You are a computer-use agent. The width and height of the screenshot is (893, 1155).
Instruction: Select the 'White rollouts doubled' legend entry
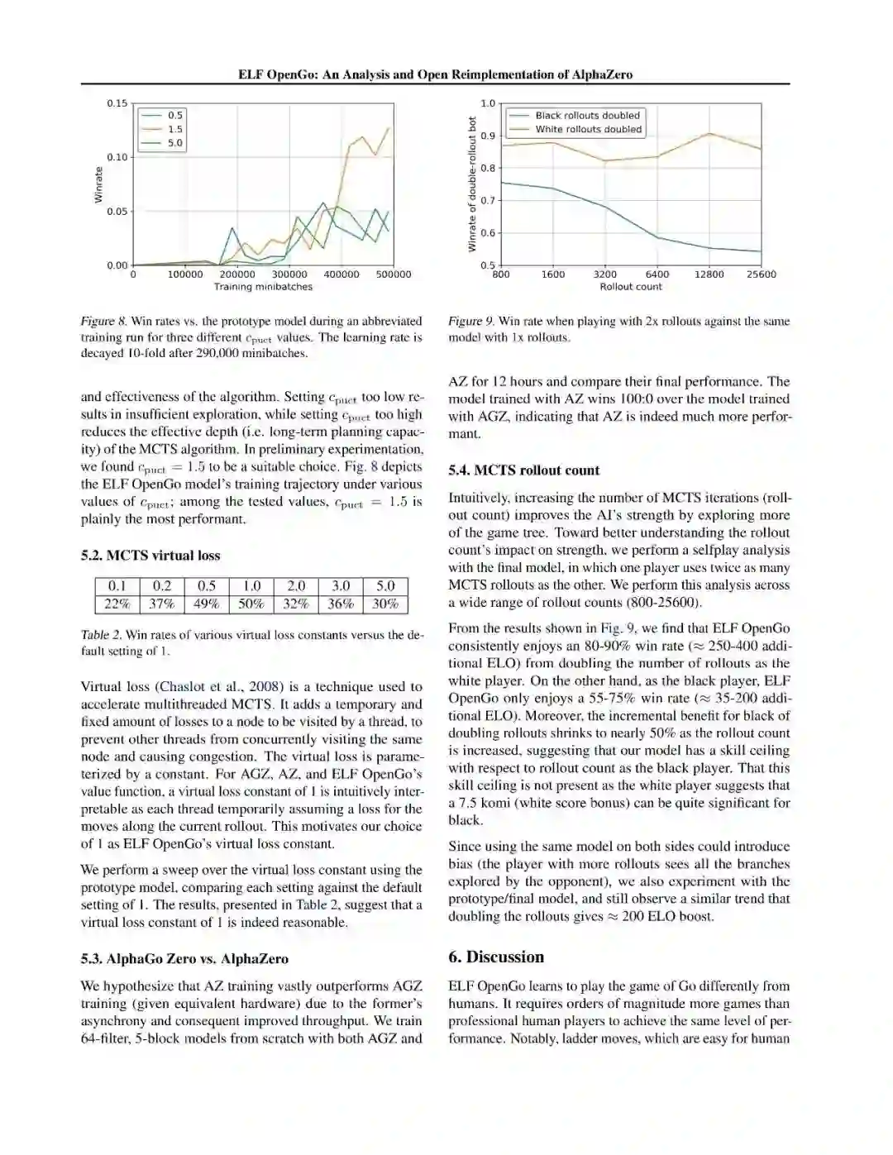click(x=588, y=129)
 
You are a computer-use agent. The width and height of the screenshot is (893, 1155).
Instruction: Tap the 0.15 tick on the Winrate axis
click(x=117, y=103)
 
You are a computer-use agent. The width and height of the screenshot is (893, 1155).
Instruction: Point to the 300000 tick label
click(x=289, y=274)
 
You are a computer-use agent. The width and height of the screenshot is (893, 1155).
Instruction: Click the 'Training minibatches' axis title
click(x=263, y=287)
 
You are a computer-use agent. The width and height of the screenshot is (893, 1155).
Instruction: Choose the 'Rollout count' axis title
click(x=631, y=287)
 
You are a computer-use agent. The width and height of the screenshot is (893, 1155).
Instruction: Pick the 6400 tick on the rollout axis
click(x=657, y=274)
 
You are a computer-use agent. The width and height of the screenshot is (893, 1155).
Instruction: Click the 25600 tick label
click(x=761, y=274)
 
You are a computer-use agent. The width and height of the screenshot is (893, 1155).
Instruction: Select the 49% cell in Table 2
click(x=207, y=604)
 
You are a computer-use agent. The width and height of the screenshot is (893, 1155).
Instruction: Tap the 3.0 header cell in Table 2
click(x=341, y=586)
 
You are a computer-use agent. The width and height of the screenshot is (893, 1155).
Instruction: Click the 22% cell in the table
click(x=117, y=604)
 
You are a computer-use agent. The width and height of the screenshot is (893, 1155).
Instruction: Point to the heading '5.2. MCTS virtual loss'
click(x=150, y=556)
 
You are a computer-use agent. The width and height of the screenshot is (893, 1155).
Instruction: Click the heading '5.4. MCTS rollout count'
click(x=523, y=470)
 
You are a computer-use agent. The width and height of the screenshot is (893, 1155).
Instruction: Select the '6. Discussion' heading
click(x=496, y=957)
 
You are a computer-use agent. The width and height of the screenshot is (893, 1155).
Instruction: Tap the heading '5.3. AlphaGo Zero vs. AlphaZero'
click(x=184, y=959)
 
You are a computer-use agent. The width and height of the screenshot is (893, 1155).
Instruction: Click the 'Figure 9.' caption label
click(x=471, y=321)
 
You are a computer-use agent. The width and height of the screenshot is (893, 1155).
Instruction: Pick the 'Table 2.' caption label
click(x=101, y=635)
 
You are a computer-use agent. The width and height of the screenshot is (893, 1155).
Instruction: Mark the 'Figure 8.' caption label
click(x=103, y=321)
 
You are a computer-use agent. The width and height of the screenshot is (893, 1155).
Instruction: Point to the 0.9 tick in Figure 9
click(x=488, y=136)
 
